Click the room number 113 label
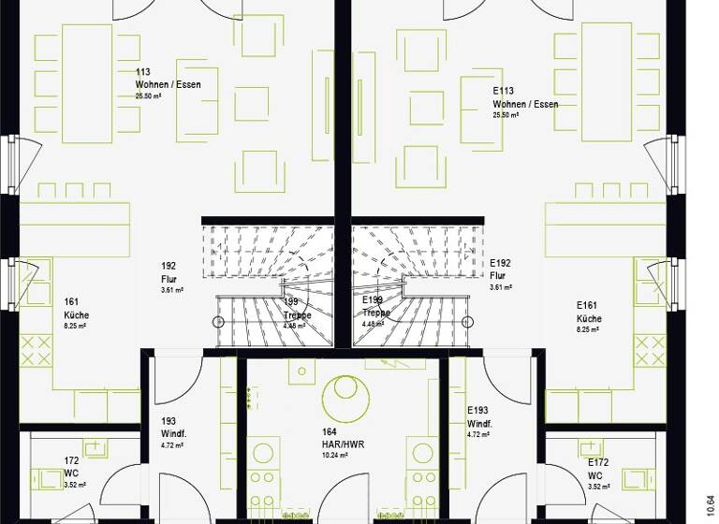(x=142, y=72)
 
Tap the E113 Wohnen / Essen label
(x=524, y=97)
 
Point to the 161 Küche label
(x=76, y=309)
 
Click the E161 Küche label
(x=589, y=312)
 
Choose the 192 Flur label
(x=169, y=271)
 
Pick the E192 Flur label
(x=499, y=270)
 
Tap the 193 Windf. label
(x=172, y=427)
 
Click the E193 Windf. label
(x=479, y=416)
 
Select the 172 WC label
(x=71, y=466)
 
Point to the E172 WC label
(x=597, y=469)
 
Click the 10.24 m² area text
(x=335, y=456)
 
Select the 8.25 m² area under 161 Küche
(x=76, y=327)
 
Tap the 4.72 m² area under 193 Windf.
(x=170, y=445)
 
